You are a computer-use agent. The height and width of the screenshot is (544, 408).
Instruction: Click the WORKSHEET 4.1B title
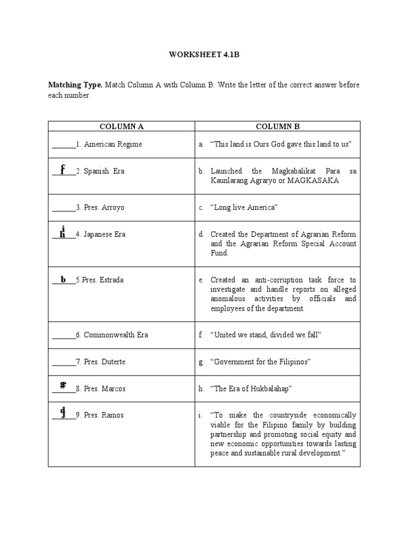pyautogui.click(x=204, y=55)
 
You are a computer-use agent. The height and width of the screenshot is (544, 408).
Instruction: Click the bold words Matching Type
pyautogui.click(x=75, y=85)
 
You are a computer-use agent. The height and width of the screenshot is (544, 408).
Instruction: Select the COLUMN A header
pyautogui.click(x=122, y=126)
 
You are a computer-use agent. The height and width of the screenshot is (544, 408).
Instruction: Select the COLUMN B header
pyautogui.click(x=277, y=126)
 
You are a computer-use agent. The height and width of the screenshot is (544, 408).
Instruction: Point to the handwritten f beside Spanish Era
pyautogui.click(x=63, y=170)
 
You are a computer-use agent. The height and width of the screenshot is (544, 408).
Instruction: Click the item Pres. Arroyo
pyautogui.click(x=104, y=208)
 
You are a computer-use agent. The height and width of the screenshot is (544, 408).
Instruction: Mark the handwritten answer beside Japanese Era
pyautogui.click(x=63, y=232)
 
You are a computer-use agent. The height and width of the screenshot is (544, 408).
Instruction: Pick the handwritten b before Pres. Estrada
pyautogui.click(x=63, y=279)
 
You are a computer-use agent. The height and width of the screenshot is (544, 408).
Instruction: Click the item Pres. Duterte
pyautogui.click(x=104, y=362)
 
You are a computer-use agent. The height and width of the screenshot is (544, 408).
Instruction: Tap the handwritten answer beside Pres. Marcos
pyautogui.click(x=63, y=386)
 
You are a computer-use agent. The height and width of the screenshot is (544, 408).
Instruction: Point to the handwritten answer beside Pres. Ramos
pyautogui.click(x=63, y=412)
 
